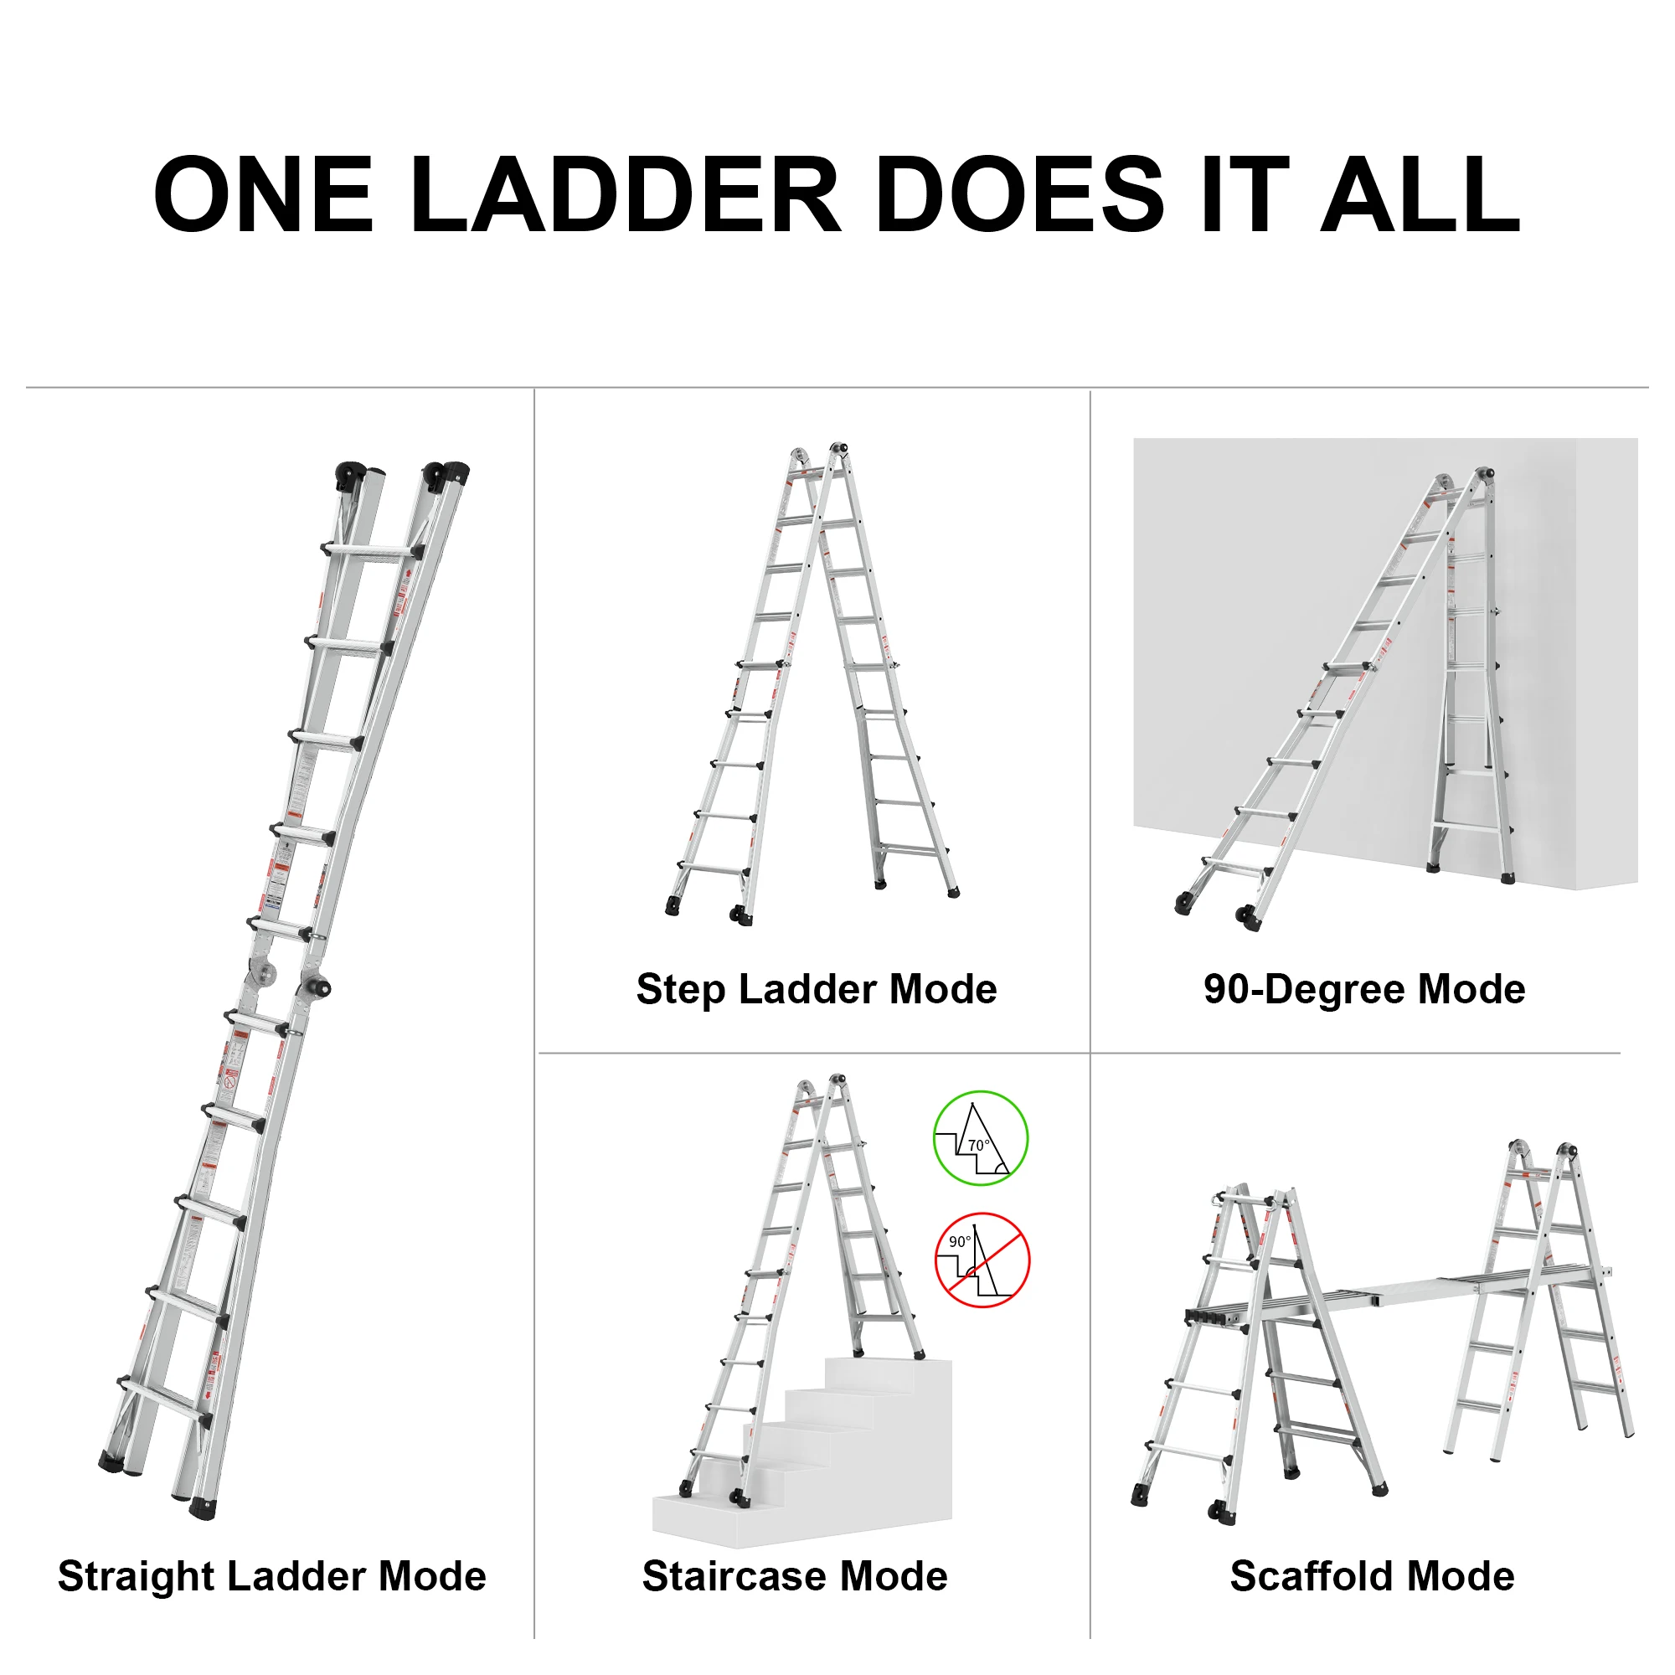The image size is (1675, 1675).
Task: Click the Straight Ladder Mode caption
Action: click(x=272, y=1575)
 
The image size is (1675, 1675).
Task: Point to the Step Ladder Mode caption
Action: click(x=816, y=989)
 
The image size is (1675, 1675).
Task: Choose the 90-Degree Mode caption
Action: click(x=1363, y=989)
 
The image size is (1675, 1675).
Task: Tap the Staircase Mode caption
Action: click(x=794, y=1575)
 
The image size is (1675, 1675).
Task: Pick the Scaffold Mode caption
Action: click(x=1372, y=1575)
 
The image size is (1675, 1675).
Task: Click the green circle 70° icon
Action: click(x=981, y=1138)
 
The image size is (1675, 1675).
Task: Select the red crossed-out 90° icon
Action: click(x=982, y=1260)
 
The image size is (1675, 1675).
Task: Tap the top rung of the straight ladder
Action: click(x=371, y=551)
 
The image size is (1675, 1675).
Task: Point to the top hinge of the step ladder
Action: click(x=837, y=449)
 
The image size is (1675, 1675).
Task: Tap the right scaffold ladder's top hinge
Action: click(x=1565, y=1152)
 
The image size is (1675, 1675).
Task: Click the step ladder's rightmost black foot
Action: click(x=954, y=892)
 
